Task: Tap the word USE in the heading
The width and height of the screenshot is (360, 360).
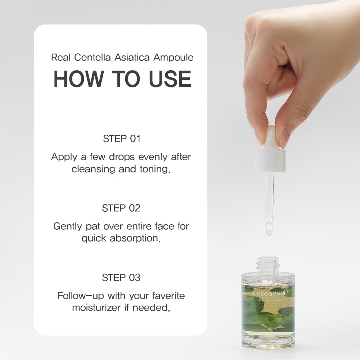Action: pyautogui.click(x=170, y=79)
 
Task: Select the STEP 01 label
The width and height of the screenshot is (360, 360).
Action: pyautogui.click(x=122, y=139)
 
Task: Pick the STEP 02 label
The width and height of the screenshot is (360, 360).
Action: pyautogui.click(x=121, y=208)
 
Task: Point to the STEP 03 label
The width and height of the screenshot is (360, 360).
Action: pyautogui.click(x=121, y=277)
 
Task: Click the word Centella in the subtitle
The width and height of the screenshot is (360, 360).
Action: pyautogui.click(x=92, y=57)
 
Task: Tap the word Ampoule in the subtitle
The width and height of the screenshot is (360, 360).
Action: pyautogui.click(x=174, y=57)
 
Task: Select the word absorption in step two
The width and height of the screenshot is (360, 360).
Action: pyautogui.click(x=135, y=238)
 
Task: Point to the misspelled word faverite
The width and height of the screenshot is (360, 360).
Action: pyautogui.click(x=168, y=296)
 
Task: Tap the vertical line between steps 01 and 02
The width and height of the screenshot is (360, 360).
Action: pyautogui.click(x=118, y=189)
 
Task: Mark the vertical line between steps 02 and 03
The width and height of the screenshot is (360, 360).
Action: pyautogui.click(x=118, y=258)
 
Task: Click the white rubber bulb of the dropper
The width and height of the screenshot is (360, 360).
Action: pyautogui.click(x=271, y=137)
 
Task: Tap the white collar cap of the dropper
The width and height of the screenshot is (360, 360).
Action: pyautogui.click(x=270, y=160)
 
